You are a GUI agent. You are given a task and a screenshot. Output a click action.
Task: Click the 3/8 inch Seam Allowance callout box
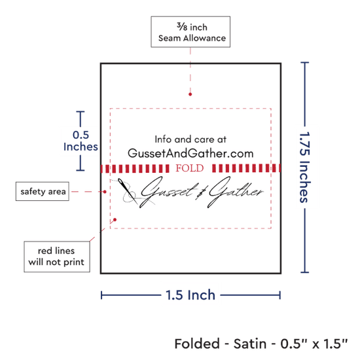[x=190, y=31]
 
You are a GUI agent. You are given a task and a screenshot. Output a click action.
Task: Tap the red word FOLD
[x=190, y=168]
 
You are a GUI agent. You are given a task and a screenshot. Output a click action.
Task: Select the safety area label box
[x=43, y=191]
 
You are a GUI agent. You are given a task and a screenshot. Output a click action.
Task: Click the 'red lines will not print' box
[x=57, y=257]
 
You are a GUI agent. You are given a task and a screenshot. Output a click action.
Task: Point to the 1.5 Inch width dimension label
[x=190, y=295]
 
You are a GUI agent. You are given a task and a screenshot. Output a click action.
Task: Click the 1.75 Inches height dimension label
[x=305, y=167]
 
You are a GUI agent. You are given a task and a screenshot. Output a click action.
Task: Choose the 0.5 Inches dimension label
[x=81, y=141]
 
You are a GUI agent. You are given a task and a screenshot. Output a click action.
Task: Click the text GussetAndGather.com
[x=190, y=153]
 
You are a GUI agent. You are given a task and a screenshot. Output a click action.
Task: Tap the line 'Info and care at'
[x=190, y=139]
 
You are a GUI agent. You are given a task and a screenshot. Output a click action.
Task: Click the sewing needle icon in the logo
[x=128, y=191]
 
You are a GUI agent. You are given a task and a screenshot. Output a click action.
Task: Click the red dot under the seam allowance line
[x=190, y=94]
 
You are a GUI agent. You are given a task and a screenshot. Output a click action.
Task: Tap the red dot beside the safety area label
[x=105, y=192]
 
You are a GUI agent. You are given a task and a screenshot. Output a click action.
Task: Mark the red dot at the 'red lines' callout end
[x=115, y=220]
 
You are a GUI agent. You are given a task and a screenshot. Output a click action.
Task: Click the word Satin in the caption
[x=250, y=344]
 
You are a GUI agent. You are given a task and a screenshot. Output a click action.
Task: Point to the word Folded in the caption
[x=197, y=344]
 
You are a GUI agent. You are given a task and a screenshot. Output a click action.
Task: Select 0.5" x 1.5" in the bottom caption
[x=314, y=344]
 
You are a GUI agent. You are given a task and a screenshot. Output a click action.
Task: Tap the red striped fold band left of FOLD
[x=135, y=168]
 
